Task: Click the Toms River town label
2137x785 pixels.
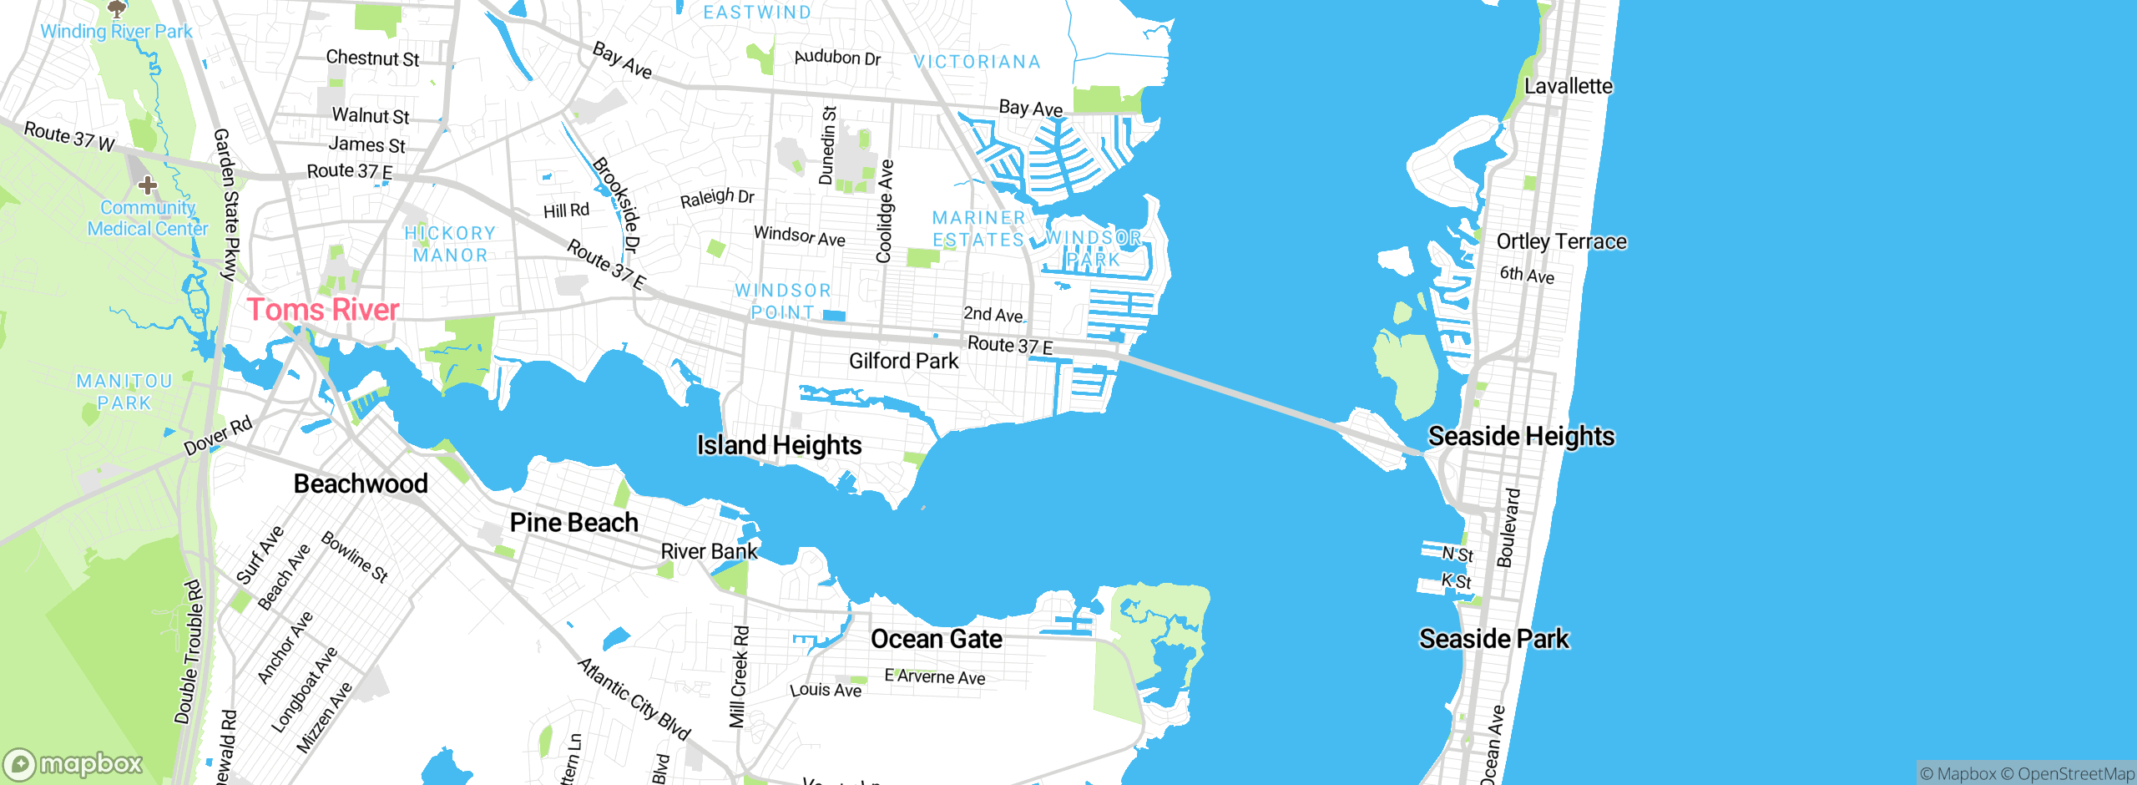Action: coord(322,310)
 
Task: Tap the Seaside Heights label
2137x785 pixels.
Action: coord(1521,436)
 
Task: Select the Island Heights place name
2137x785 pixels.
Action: coord(779,445)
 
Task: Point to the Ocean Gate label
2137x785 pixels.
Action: coord(937,639)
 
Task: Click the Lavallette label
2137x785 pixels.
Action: coord(1568,86)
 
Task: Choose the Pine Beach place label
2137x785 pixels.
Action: coord(573,523)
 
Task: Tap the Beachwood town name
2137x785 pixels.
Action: coord(361,484)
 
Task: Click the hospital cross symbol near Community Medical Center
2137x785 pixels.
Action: coord(148,185)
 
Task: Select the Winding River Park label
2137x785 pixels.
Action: coord(116,31)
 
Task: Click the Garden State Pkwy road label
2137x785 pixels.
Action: coord(227,204)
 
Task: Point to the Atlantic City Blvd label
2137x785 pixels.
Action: coord(634,699)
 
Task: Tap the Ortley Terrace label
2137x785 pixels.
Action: coord(1561,241)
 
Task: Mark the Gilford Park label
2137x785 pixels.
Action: coord(903,361)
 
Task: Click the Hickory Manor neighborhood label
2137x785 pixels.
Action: coord(450,244)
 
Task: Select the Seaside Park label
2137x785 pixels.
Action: coord(1493,639)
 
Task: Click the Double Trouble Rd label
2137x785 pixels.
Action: coord(189,651)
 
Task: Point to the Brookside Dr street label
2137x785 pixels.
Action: coord(617,205)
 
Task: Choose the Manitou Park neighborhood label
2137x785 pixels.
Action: coord(124,392)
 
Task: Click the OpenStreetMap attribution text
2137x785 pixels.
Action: coord(2075,774)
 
